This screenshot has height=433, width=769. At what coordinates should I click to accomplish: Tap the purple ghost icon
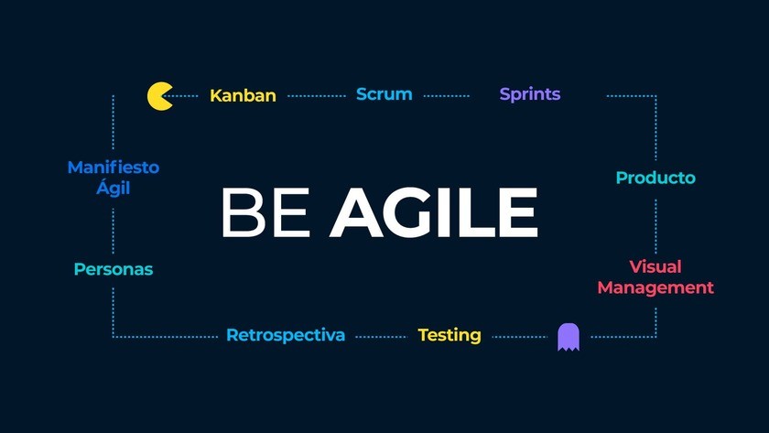[569, 337]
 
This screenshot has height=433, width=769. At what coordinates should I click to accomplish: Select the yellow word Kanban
[243, 95]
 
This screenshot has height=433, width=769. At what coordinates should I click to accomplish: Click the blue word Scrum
[384, 93]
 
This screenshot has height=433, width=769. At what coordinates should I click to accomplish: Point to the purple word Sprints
[530, 94]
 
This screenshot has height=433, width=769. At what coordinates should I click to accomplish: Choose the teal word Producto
[655, 178]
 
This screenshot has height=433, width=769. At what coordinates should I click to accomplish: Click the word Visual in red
[655, 266]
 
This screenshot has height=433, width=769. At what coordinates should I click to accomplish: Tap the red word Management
[655, 287]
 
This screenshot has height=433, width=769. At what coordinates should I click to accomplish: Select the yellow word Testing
[449, 335]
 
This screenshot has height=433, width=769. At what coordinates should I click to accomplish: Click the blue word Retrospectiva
[286, 335]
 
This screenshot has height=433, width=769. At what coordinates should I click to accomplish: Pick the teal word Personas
[114, 269]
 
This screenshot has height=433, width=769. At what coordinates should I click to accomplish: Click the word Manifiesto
[114, 168]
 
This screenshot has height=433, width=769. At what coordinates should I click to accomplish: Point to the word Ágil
[114, 188]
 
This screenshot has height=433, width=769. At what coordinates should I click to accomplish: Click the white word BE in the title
[265, 212]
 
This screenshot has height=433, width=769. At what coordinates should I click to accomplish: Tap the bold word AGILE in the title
[434, 212]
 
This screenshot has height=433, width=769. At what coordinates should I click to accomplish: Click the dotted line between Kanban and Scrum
[317, 96]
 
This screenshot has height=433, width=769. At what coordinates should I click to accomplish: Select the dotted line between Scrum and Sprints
[447, 96]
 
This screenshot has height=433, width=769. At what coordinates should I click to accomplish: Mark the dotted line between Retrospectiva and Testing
[381, 337]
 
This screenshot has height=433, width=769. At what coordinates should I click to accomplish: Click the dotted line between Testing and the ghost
[519, 337]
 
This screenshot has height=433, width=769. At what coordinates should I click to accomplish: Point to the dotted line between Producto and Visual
[655, 226]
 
